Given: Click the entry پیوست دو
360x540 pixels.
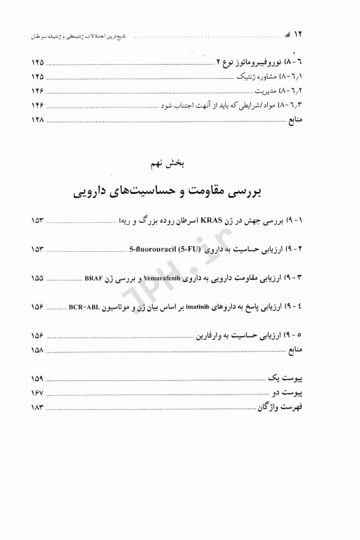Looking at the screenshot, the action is tap(311, 394).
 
